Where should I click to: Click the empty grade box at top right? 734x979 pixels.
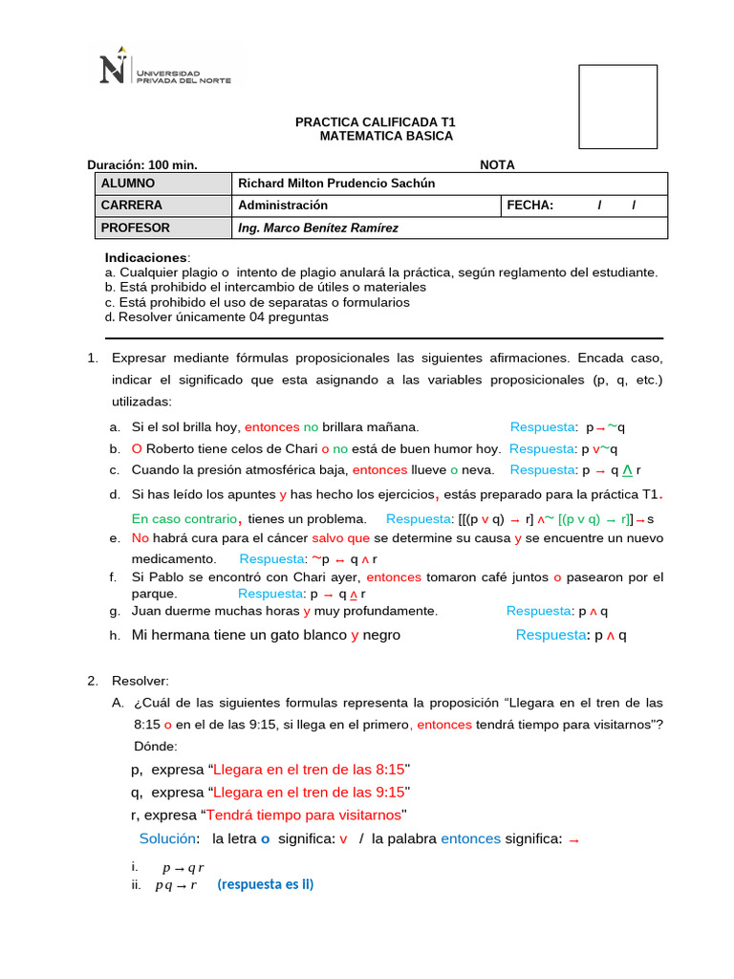(x=617, y=107)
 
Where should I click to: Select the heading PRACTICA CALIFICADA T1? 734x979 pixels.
(x=375, y=122)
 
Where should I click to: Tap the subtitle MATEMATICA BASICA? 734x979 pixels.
(x=386, y=137)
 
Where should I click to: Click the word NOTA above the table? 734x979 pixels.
(x=497, y=164)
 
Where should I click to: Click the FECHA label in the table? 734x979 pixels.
(x=530, y=206)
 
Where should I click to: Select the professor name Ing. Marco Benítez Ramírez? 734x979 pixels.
(x=318, y=228)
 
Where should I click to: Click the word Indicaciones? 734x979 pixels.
(x=146, y=258)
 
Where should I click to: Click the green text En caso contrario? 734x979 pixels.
(x=184, y=519)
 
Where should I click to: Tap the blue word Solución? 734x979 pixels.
(x=168, y=838)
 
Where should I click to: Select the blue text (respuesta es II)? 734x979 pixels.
(x=265, y=884)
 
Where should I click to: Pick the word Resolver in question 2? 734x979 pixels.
(x=140, y=681)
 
